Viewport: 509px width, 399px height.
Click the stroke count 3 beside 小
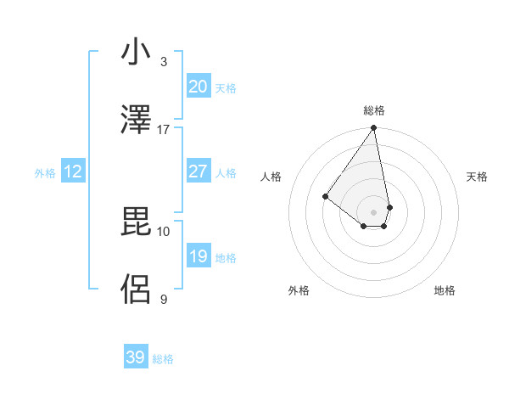click(x=164, y=62)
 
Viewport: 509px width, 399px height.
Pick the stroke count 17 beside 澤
click(x=164, y=129)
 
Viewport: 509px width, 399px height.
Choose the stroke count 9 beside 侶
click(x=164, y=299)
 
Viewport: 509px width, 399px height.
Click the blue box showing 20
click(x=198, y=87)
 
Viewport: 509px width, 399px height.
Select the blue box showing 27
click(x=198, y=171)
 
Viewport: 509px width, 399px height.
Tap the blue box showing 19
click(x=198, y=256)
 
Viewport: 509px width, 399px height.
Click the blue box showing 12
click(x=73, y=171)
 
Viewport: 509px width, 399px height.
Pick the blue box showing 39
click(x=135, y=357)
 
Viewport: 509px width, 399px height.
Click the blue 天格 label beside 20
click(x=226, y=88)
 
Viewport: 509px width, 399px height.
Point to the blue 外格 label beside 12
click(x=45, y=173)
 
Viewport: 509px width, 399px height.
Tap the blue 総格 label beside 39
click(x=163, y=359)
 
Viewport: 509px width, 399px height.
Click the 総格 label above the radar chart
click(x=374, y=110)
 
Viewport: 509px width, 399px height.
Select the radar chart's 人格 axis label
click(x=271, y=177)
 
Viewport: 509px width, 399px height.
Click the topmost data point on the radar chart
click(x=373, y=129)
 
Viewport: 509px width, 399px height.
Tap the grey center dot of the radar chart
click(x=373, y=212)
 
